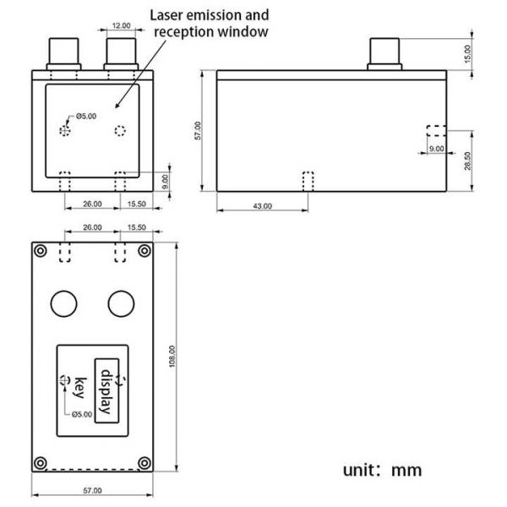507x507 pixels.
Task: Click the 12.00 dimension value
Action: click(122, 25)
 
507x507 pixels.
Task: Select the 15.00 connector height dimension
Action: click(480, 53)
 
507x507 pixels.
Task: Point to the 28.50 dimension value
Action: click(480, 160)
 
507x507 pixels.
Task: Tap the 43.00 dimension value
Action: click(263, 205)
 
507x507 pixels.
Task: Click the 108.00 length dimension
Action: click(172, 356)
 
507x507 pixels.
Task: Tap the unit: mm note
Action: click(382, 470)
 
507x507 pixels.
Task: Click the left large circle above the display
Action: click(64, 303)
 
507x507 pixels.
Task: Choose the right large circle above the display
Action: click(121, 303)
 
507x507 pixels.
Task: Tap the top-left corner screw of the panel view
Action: click(40, 250)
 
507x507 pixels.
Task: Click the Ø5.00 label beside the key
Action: click(81, 414)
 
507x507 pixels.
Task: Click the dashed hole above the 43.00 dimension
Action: click(308, 181)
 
